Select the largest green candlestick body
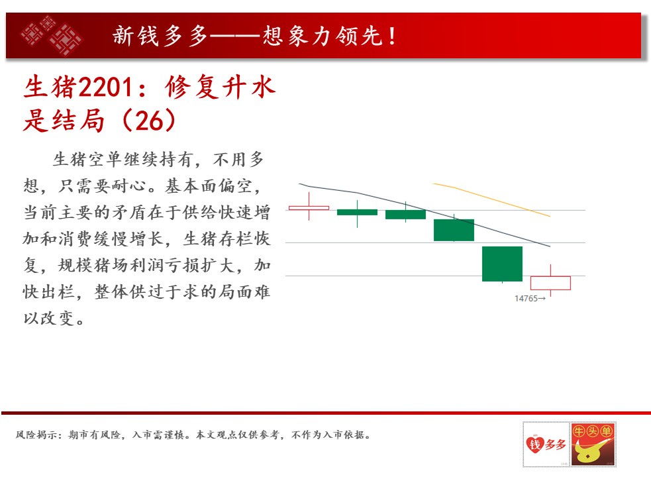point(502,264)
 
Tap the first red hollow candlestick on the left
point(309,208)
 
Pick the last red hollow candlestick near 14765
point(550,283)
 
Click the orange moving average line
point(491,199)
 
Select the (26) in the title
point(148,121)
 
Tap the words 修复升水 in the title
point(220,87)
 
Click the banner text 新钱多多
point(160,36)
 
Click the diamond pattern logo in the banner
point(52,35)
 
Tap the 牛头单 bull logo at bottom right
point(593,444)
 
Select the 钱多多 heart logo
point(546,444)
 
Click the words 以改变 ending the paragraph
point(48,318)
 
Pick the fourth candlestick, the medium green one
point(454,230)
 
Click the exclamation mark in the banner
point(392,36)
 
